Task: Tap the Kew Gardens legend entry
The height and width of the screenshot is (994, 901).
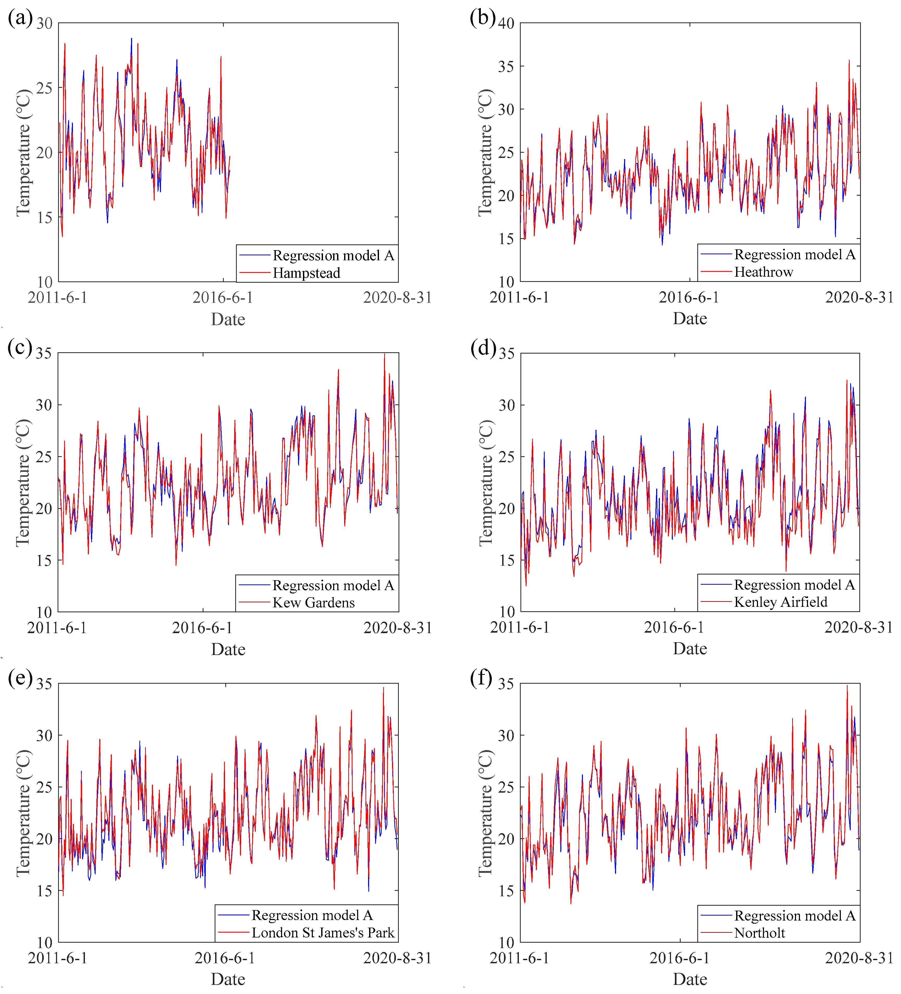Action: pos(313,602)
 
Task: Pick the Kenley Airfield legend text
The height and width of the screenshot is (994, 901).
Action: pos(780,602)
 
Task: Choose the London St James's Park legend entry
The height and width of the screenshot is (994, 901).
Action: pos(323,932)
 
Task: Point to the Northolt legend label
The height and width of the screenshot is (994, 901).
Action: pos(760,933)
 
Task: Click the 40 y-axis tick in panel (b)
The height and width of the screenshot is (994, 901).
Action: pos(506,23)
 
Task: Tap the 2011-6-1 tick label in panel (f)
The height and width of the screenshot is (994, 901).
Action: pos(519,958)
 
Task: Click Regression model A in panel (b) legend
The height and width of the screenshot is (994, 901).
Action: pos(794,254)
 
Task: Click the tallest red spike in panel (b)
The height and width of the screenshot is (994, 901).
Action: pos(849,61)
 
